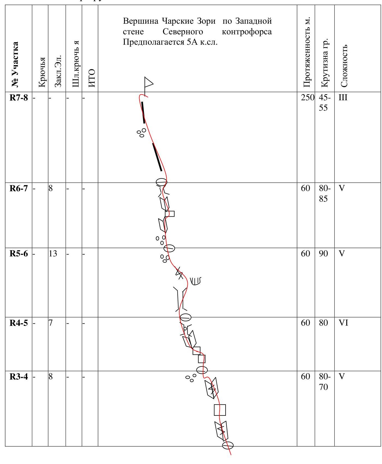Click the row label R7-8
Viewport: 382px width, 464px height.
19,98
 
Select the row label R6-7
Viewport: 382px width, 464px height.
19,188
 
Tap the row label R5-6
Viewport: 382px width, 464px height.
19,254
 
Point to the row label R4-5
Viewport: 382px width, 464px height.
19,323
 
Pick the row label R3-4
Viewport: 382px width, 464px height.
19,377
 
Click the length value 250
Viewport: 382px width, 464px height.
308,98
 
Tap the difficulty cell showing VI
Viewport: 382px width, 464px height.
343,323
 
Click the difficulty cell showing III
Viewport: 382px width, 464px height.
343,98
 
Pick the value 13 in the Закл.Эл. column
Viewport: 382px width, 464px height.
53,254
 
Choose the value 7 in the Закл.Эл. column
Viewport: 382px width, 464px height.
51,323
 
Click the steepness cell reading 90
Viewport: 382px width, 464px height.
323,254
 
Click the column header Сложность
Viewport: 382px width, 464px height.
344,65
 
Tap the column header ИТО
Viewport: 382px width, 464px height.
92,78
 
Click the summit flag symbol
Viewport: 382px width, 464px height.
148,82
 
